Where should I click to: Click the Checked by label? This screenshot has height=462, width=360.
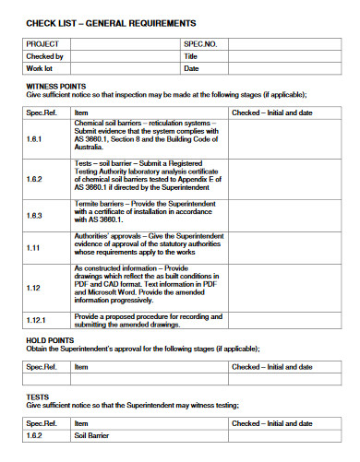click(x=45, y=55)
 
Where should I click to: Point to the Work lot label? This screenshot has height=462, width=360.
click(x=40, y=68)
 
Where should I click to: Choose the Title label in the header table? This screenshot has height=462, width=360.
click(x=192, y=55)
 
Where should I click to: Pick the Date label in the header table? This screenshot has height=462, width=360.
click(x=192, y=68)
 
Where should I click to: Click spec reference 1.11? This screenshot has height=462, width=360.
click(x=32, y=247)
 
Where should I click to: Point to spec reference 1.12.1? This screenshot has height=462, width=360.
click(x=38, y=319)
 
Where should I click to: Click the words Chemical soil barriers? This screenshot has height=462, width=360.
click(x=108, y=122)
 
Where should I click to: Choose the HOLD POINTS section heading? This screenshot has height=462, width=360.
click(x=43, y=340)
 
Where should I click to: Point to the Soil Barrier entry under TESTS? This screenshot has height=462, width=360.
click(x=92, y=435)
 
